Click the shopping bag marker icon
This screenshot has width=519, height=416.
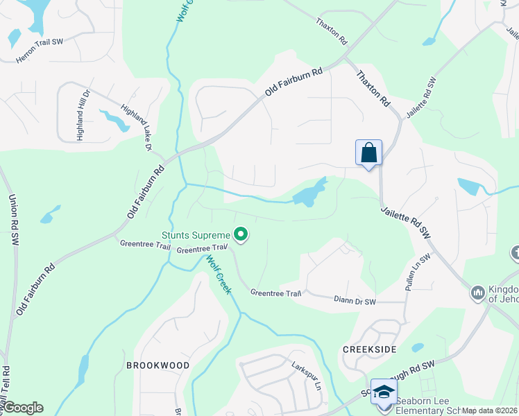point(368,153)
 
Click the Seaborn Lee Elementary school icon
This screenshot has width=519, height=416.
point(383,392)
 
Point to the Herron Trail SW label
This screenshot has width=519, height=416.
point(40,51)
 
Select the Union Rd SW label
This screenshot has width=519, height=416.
point(13,220)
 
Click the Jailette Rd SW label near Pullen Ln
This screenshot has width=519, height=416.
point(407,223)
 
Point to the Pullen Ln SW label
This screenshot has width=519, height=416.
point(418,272)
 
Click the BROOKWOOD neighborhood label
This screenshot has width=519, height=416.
point(158,365)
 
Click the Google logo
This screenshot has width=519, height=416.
point(23,408)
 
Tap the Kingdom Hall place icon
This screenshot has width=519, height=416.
point(477,293)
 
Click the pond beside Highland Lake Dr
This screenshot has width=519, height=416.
point(115,120)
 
